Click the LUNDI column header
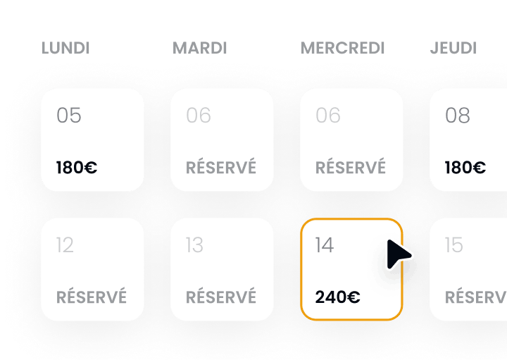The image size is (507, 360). click(x=65, y=49)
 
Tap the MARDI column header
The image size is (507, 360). click(x=200, y=49)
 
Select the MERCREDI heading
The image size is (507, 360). click(x=343, y=49)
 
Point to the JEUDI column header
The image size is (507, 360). click(x=453, y=49)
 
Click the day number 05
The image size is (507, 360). click(x=69, y=116)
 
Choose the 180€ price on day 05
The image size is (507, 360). click(x=77, y=168)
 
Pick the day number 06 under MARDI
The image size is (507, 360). click(x=199, y=116)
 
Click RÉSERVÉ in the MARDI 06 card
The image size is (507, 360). click(x=221, y=168)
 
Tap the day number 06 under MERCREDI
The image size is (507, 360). click(x=328, y=116)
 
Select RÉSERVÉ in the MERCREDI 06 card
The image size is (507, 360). click(x=351, y=168)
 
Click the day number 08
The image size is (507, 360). click(x=458, y=116)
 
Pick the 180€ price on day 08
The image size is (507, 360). click(x=465, y=168)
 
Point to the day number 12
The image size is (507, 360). click(x=65, y=245)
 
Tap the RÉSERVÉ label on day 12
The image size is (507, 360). click(x=92, y=297)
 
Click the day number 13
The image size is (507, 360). click(x=194, y=245)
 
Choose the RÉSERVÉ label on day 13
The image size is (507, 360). click(x=221, y=297)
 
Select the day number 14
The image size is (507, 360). click(x=325, y=245)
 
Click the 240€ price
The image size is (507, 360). click(x=337, y=297)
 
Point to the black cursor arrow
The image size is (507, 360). click(x=398, y=255)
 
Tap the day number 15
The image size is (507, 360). click(x=454, y=245)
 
